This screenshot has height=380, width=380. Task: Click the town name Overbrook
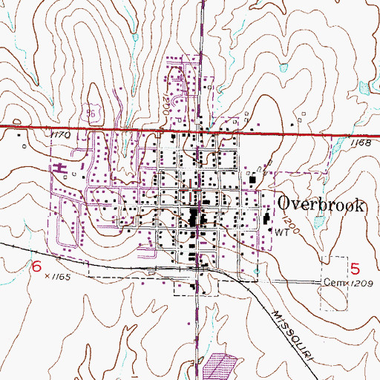321,205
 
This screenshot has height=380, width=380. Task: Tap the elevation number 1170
60,136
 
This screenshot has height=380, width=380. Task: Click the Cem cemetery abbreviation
330,283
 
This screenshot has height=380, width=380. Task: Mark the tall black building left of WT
267,221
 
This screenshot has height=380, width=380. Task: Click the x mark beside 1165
47,275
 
